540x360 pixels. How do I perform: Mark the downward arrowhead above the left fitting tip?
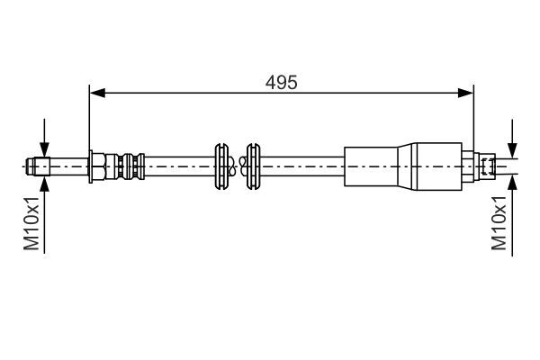pyautogui.click(x=44, y=152)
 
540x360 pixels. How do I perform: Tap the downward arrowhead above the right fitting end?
pyautogui.click(x=511, y=152)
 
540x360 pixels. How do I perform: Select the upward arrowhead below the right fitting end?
pyautogui.click(x=511, y=180)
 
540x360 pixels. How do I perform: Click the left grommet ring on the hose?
pyautogui.click(x=221, y=166)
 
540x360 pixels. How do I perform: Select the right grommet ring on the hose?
pyautogui.click(x=252, y=166)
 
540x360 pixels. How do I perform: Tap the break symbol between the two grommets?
pyautogui.click(x=237, y=166)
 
